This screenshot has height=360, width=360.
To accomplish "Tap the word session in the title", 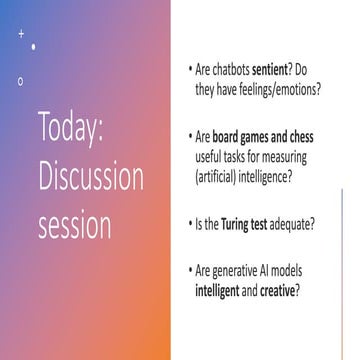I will pos(75,226).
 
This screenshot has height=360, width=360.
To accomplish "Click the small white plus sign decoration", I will pos(21,34).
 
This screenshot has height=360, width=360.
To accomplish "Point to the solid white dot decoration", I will pos(34,46).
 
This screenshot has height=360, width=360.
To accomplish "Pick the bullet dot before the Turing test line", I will pos(190,222).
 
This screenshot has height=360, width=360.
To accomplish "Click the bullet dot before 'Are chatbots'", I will pos(190,72).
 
